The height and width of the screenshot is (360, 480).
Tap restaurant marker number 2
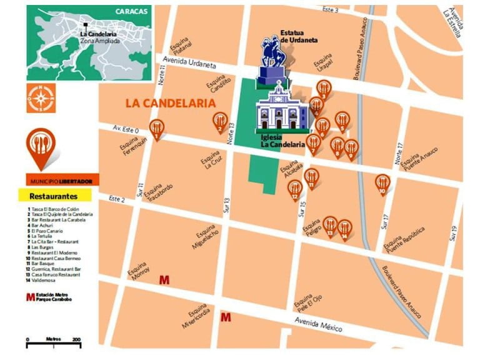tap(220, 121)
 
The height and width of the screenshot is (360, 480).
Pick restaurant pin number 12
tap(295, 189)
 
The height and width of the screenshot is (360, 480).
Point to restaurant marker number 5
tap(342, 120)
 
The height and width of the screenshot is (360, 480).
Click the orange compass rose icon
tap(41, 98)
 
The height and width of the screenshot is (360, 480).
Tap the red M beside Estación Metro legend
tap(30, 297)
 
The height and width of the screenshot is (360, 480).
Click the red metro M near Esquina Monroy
tap(164, 280)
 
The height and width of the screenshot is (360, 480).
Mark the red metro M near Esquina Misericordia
tap(226, 318)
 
